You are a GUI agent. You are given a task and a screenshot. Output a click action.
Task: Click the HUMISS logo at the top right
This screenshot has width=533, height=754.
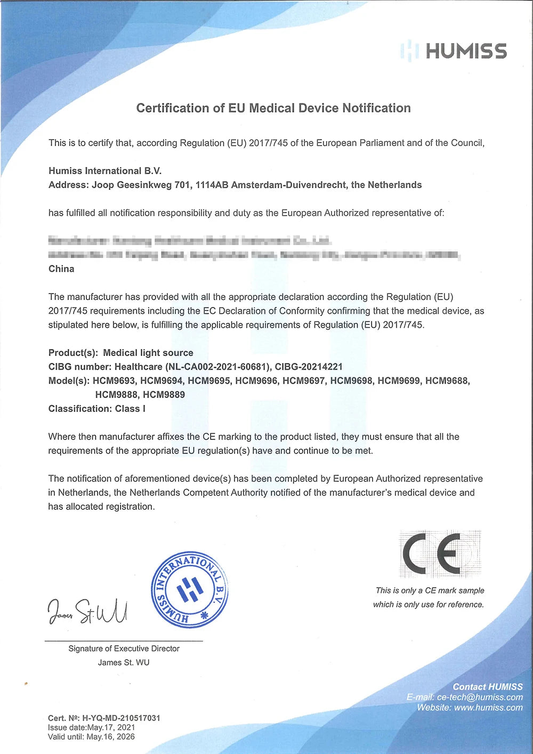click(454, 51)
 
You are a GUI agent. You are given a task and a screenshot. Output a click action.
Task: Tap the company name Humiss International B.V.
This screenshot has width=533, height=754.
click(105, 171)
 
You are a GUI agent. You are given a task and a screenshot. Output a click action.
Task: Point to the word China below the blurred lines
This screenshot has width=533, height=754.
click(61, 269)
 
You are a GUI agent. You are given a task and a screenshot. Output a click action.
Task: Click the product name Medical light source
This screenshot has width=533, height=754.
click(148, 353)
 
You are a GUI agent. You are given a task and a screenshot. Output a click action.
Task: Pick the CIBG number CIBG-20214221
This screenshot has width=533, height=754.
click(309, 367)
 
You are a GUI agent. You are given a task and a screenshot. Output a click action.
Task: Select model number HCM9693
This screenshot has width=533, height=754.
click(114, 381)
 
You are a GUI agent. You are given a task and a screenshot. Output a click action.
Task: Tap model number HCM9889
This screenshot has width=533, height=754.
click(164, 395)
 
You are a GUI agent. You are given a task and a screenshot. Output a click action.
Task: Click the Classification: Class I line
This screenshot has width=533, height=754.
click(97, 409)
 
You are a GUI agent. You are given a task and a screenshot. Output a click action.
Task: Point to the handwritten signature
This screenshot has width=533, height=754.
click(88, 610)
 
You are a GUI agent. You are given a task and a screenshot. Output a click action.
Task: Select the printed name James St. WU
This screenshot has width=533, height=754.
click(124, 662)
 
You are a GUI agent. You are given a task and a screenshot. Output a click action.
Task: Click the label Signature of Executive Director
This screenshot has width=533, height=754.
click(124, 648)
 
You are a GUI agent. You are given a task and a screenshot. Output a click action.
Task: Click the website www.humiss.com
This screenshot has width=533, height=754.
click(488, 708)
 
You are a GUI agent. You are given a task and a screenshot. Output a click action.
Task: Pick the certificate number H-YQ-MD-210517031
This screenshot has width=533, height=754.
click(121, 718)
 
